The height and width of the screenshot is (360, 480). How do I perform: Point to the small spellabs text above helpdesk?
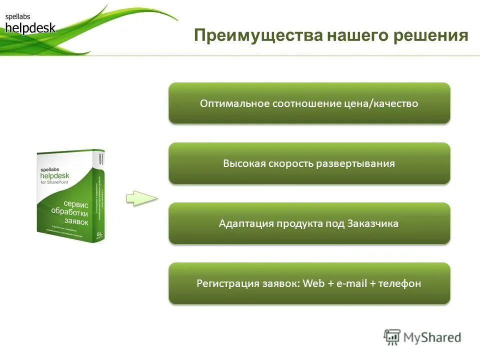coord(18,17)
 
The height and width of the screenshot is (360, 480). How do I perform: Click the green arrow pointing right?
coord(141,198)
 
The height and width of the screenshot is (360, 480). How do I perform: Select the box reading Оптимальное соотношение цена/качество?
coord(309,103)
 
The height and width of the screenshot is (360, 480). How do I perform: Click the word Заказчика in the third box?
coord(372,223)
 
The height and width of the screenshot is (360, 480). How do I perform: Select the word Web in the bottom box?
coord(314,283)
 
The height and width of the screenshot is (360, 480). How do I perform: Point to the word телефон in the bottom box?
coord(399,283)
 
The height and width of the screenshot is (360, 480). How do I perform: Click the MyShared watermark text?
coord(432,337)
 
